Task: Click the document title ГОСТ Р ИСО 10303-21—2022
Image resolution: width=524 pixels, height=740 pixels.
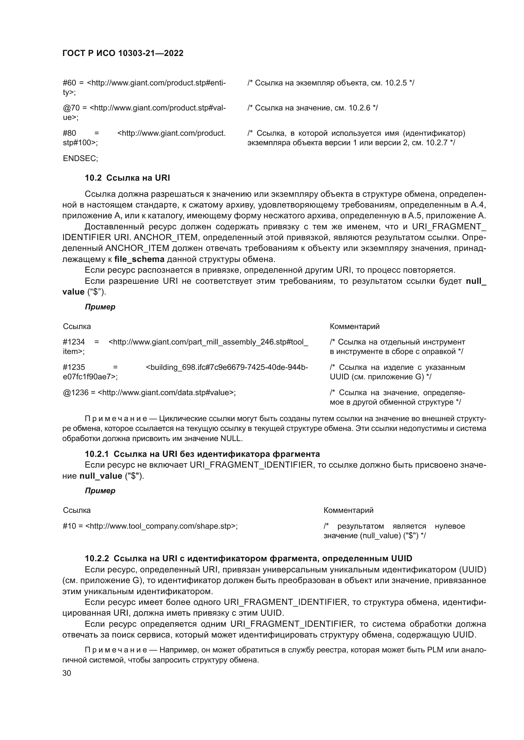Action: [x=123, y=53]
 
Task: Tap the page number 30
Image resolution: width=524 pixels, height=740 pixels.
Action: [x=67, y=673]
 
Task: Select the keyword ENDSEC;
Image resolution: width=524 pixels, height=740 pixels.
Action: [x=80, y=159]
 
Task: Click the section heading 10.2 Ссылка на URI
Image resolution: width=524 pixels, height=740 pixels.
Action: [x=127, y=178]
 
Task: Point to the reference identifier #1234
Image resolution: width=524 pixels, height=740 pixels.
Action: [x=74, y=342]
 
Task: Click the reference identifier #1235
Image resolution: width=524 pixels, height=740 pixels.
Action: [x=74, y=367]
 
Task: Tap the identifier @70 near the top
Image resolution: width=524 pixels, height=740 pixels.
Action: [x=71, y=108]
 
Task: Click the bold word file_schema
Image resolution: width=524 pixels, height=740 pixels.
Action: [x=139, y=259]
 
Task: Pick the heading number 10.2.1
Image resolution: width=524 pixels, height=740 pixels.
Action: [x=97, y=454]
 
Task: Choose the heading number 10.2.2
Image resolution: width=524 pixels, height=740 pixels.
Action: [x=97, y=558]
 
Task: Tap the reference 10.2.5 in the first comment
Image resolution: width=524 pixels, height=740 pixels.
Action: [x=396, y=83]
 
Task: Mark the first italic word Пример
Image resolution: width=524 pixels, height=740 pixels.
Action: [x=100, y=307]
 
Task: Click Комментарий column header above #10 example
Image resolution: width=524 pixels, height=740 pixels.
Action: [x=348, y=510]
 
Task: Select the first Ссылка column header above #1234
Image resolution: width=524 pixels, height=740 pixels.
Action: [x=77, y=326]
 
